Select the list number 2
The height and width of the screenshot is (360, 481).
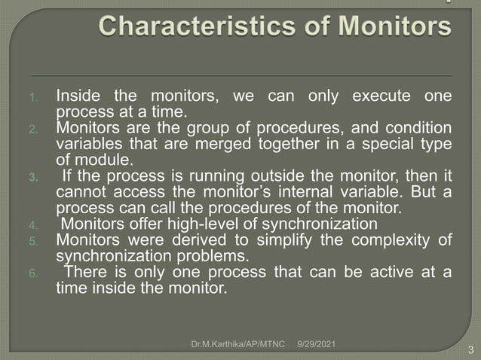coord(44,129)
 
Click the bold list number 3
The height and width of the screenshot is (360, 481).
coord(44,178)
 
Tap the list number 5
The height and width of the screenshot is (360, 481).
coord(44,242)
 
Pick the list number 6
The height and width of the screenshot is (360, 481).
coord(44,273)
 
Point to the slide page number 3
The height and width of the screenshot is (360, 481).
coord(470,349)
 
